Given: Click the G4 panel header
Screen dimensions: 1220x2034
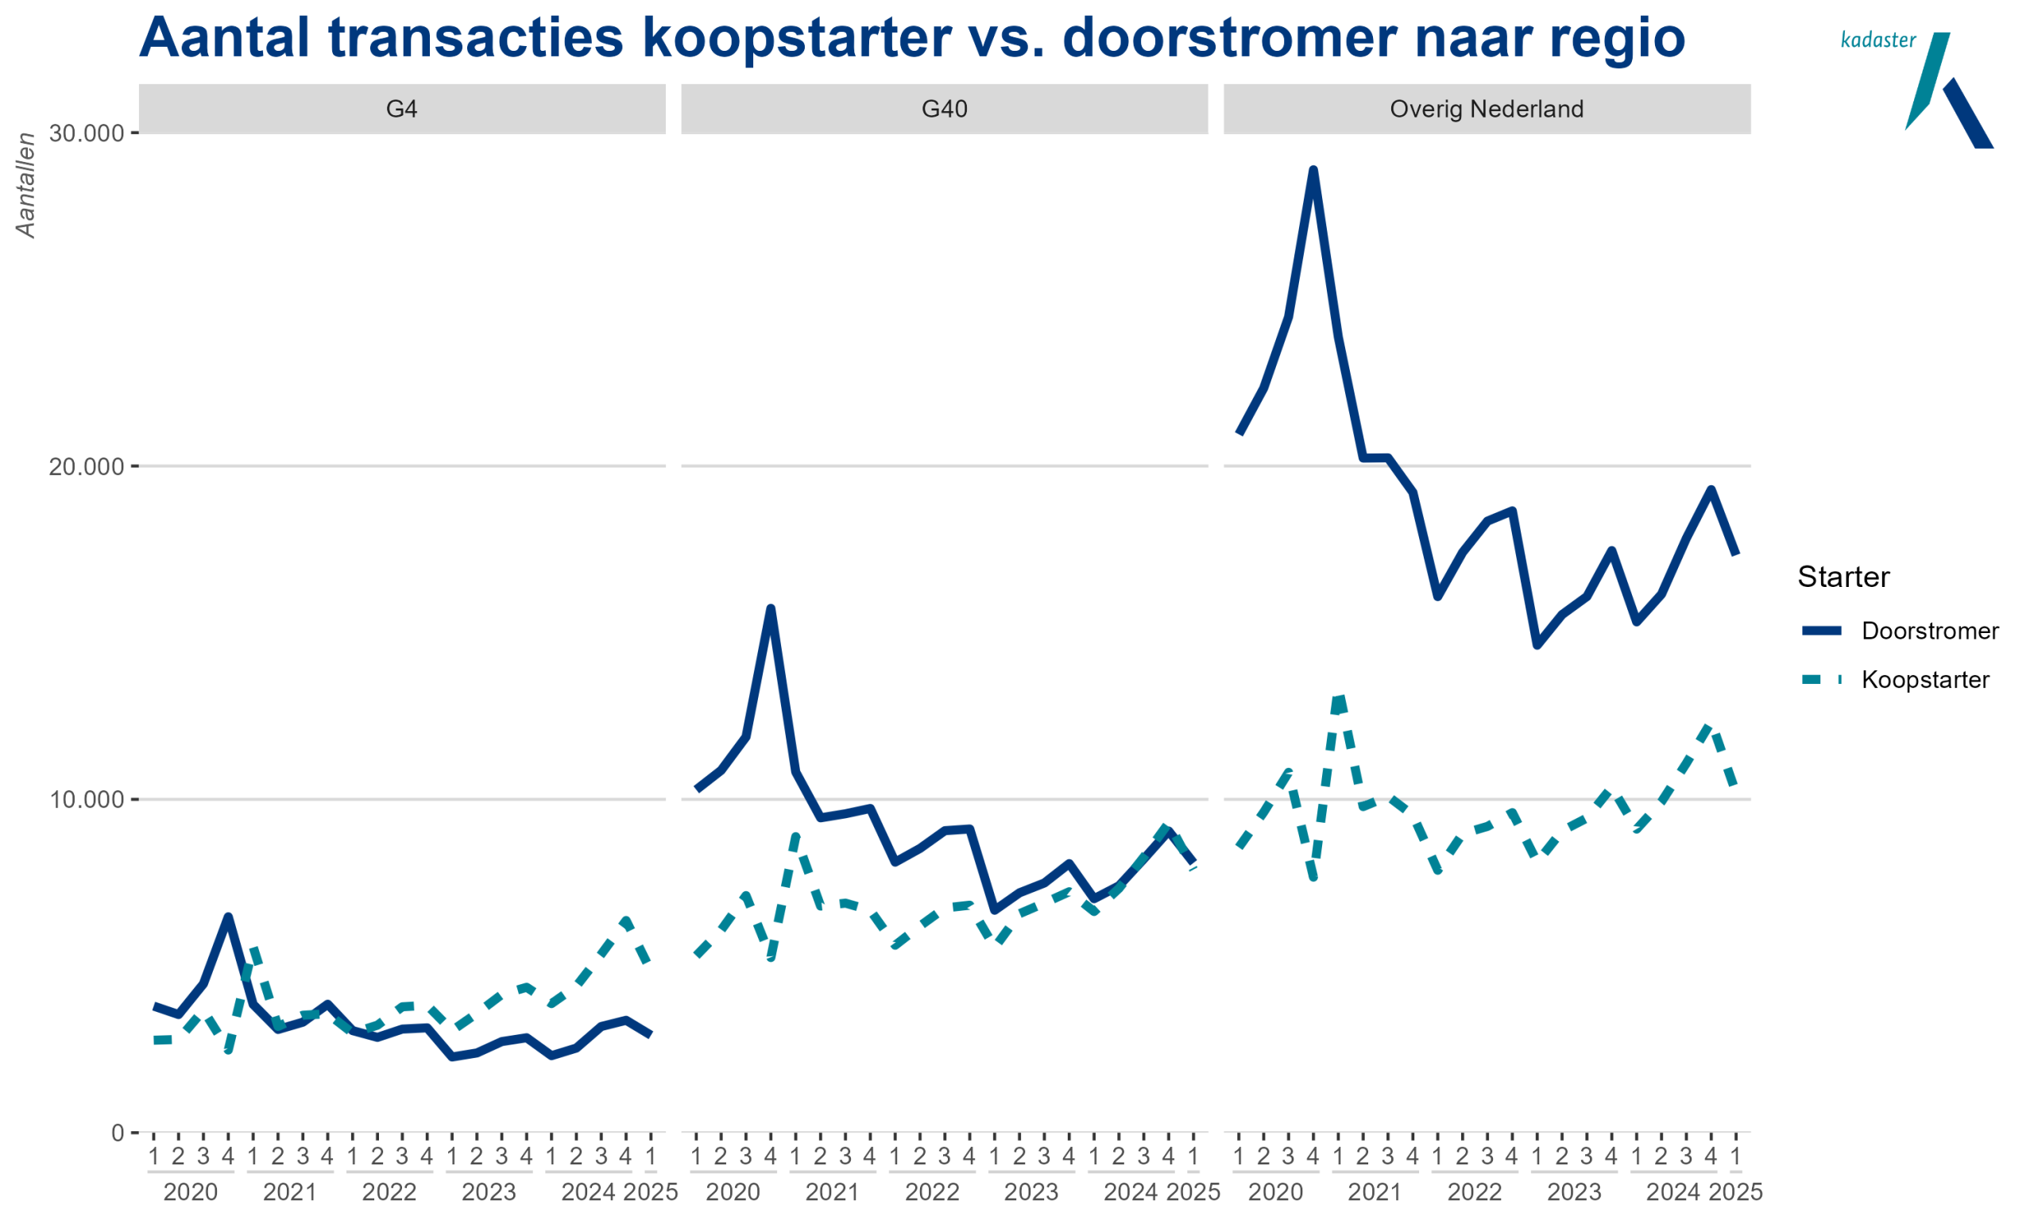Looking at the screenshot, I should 401,109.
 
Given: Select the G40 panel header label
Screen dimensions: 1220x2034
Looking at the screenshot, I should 944,109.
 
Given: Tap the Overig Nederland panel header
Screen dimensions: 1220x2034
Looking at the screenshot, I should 1486,109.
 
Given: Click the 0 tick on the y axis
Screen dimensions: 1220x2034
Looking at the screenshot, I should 117,1133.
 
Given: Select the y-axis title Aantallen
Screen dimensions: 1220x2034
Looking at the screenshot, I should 26,186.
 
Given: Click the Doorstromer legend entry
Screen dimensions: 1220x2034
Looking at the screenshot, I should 1929,631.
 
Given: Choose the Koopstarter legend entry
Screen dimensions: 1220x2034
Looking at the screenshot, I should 1924,680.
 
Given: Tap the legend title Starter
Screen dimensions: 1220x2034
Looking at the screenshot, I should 1843,577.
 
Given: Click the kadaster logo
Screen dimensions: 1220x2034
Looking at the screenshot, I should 1916,87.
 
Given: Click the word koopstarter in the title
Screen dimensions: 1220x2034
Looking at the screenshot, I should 796,38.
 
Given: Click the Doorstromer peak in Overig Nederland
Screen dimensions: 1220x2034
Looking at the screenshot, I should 1313,170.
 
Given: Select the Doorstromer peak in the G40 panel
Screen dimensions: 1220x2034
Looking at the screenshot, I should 771,608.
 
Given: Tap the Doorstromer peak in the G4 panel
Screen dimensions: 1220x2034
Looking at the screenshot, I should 228,917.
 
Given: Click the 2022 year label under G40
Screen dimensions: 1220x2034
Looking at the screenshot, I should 931,1191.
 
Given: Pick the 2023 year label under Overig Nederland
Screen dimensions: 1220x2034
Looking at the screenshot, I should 1574,1191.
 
